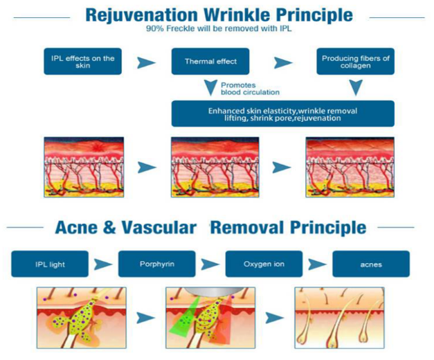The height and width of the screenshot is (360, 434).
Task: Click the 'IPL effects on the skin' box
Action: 83,62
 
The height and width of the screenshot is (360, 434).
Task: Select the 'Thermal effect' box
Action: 210,62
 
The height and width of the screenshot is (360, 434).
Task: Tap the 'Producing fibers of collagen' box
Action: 355,62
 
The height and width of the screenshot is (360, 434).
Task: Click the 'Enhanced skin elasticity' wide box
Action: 283,114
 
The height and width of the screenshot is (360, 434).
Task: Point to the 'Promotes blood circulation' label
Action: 250,89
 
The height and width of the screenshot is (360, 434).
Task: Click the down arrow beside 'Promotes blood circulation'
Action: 210,88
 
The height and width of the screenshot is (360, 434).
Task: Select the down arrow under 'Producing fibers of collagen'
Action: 356,88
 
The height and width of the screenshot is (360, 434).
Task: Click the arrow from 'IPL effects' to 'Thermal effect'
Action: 146,63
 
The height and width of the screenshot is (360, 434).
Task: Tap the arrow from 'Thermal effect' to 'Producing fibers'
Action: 283,63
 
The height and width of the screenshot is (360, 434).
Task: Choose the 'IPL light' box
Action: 50,264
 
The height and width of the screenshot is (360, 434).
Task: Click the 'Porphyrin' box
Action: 157,264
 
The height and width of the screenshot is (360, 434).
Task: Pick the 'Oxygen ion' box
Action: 264,264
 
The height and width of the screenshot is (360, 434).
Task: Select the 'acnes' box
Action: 371,264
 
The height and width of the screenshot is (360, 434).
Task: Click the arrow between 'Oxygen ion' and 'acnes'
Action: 317,264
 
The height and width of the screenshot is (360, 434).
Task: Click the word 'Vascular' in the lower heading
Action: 159,228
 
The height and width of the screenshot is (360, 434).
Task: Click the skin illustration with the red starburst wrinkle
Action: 84,167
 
